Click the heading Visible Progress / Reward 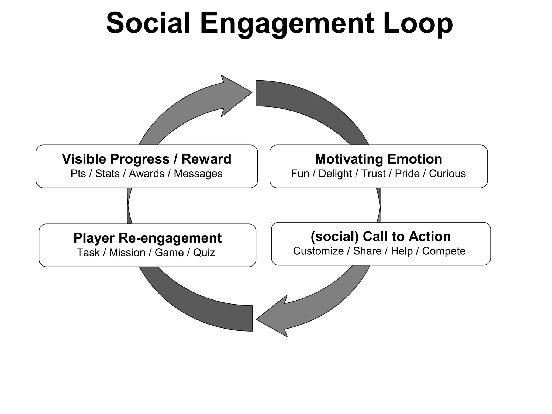point(146,159)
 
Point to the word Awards point(147,174)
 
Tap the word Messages point(198,174)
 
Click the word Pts point(78,174)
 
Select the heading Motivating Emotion point(378,159)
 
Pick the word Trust point(373,174)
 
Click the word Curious point(447,174)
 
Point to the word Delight point(335,174)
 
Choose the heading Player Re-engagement point(147,238)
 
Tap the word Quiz point(204,253)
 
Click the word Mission point(127,253)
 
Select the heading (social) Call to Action point(381,236)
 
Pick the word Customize point(318,251)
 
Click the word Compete point(444,251)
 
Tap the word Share point(367,251)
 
